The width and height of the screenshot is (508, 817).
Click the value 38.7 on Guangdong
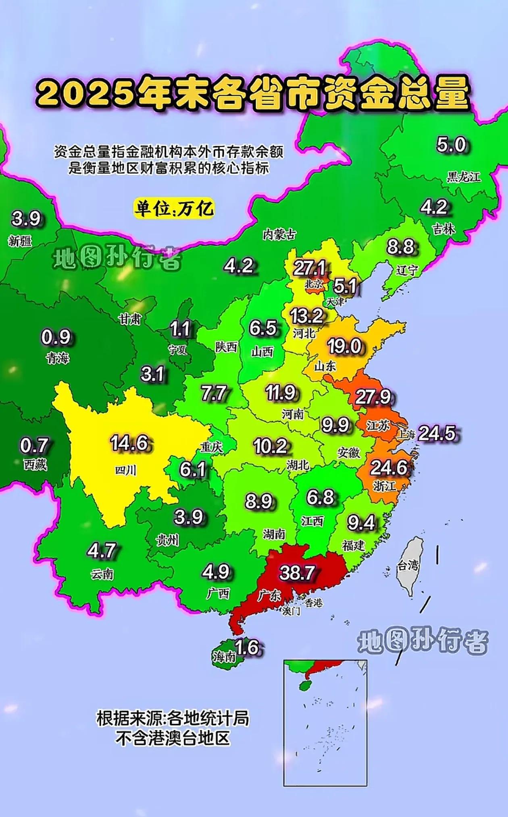click(297, 572)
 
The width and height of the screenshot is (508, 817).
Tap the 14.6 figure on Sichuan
click(130, 443)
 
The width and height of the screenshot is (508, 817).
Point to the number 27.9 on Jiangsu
click(373, 397)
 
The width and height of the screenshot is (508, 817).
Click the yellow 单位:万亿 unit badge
click(174, 209)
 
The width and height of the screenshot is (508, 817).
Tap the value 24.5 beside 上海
click(437, 433)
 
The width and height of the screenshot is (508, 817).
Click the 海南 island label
click(224, 657)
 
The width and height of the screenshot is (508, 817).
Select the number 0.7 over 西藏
click(34, 446)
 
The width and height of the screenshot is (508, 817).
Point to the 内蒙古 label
click(279, 234)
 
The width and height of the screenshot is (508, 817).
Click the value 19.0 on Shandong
click(344, 346)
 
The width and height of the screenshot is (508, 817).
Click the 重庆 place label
click(212, 448)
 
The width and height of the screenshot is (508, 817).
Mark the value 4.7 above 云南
click(102, 551)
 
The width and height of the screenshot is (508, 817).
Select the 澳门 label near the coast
click(291, 611)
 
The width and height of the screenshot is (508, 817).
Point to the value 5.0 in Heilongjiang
click(451, 145)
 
